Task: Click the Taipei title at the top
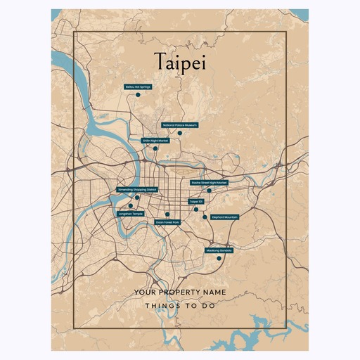(x=179, y=62)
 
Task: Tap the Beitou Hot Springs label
(x=138, y=86)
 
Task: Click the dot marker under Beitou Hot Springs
(x=139, y=94)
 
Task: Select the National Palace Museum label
(x=179, y=125)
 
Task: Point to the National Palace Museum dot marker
(x=180, y=133)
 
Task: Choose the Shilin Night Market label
(x=155, y=141)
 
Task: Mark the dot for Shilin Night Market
(x=155, y=148)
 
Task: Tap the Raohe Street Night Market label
(x=210, y=183)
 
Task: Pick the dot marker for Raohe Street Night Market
(x=209, y=191)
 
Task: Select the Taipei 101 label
(x=196, y=201)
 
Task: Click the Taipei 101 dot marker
(x=196, y=209)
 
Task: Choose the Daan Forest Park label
(x=167, y=222)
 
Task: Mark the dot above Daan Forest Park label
(x=167, y=214)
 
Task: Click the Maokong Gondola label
(x=219, y=250)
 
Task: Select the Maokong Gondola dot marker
(x=219, y=258)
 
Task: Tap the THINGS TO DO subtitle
(x=180, y=306)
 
